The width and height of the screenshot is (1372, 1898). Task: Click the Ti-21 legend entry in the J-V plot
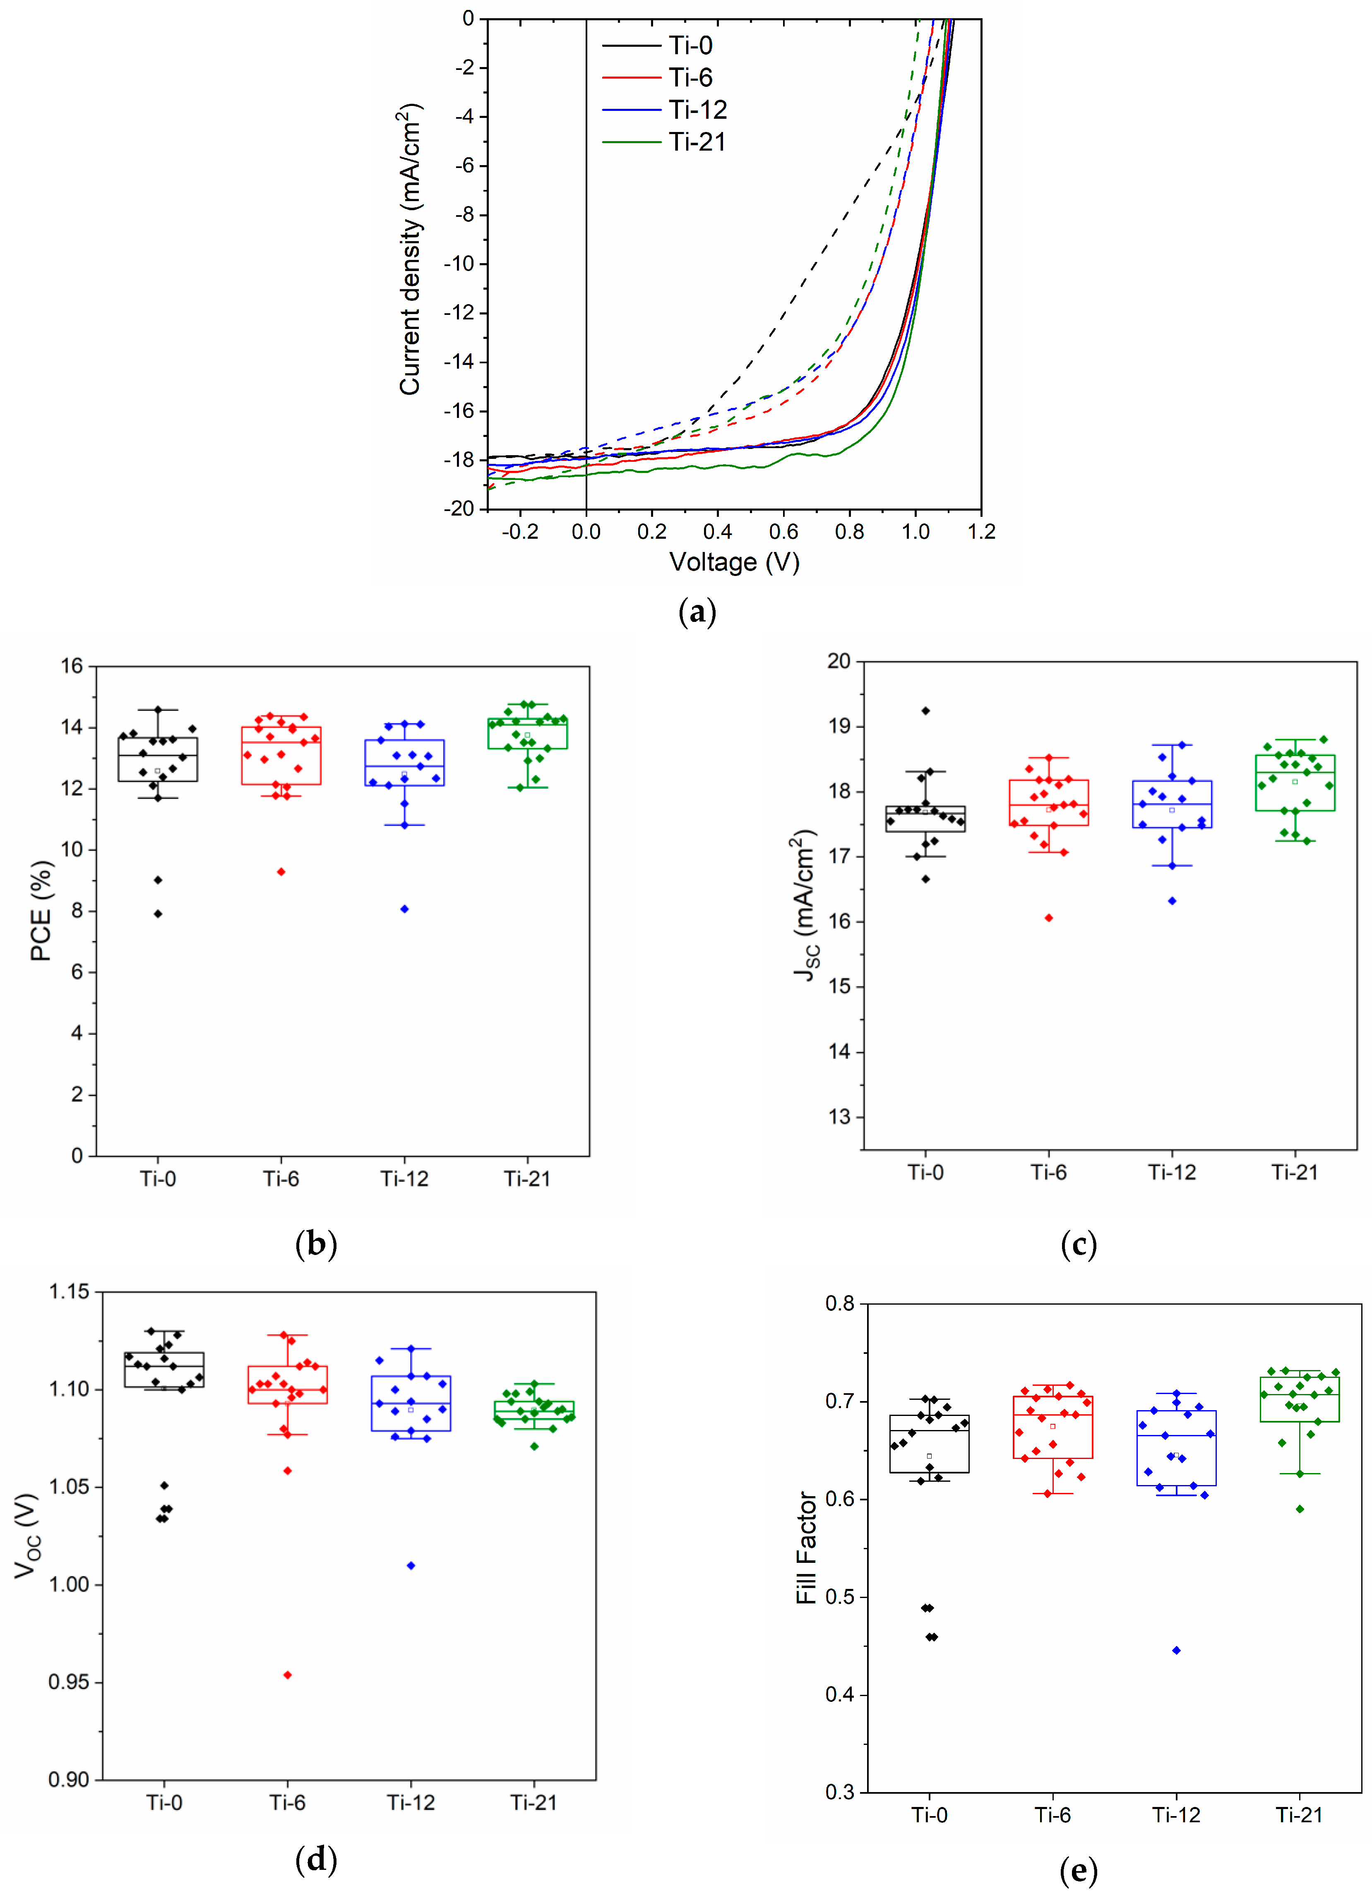697,142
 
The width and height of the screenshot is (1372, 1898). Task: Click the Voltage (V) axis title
734,561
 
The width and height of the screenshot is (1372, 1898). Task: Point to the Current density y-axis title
410,250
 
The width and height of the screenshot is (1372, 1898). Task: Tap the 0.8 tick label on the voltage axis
849,531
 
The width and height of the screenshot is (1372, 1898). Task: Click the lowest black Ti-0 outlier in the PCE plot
157,914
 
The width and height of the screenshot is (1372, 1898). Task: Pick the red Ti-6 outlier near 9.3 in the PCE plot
281,872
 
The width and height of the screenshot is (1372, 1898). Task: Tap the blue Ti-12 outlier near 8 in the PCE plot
404,909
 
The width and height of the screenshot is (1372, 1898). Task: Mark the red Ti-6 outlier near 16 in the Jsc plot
1048,918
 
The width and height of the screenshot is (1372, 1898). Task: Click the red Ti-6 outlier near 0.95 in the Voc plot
287,1675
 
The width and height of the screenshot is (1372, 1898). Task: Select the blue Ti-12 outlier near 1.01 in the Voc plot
410,1565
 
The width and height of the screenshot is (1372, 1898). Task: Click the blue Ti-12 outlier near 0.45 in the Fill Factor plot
1176,1650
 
